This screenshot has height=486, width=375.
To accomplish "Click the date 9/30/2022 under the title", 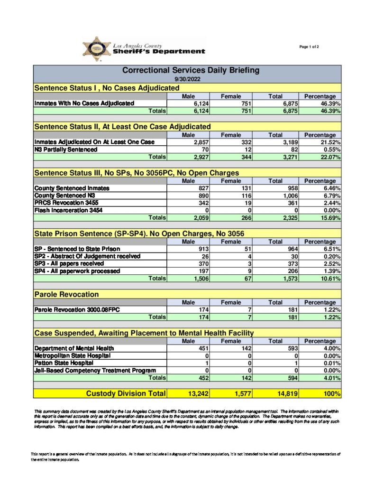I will (187, 79).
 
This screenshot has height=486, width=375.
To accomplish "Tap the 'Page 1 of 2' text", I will (309, 47).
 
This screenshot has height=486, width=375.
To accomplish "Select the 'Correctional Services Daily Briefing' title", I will (191, 70).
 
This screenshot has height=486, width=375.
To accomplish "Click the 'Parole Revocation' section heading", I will (66, 295).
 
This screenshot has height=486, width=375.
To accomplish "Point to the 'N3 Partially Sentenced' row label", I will (66, 149).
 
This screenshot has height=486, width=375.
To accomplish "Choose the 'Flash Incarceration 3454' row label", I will (68, 210).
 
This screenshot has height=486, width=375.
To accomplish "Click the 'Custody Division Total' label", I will (126, 393).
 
